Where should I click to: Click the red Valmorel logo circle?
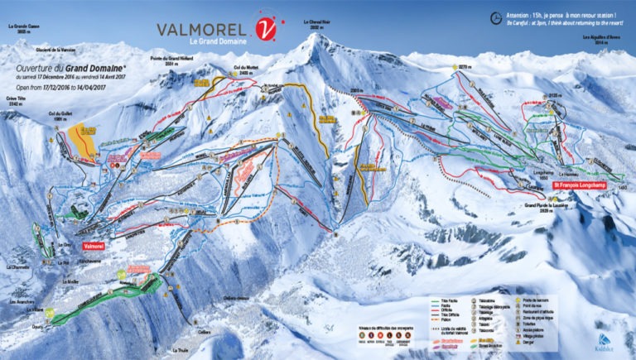pyautogui.click(x=264, y=29)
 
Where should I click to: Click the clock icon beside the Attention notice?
pyautogui.click(x=495, y=16)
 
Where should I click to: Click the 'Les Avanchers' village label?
pyautogui.click(x=20, y=302)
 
